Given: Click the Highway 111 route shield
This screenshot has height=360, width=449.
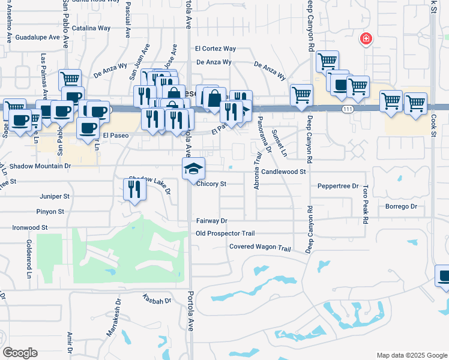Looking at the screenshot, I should [348, 109].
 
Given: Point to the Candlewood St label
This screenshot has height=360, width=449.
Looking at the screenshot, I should [284, 172].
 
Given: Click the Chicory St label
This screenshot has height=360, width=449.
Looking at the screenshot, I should [211, 184].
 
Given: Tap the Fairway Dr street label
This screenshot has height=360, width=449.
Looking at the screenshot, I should [211, 221].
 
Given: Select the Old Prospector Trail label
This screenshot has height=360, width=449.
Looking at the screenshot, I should [225, 233].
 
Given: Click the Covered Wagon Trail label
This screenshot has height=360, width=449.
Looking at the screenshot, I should [260, 247].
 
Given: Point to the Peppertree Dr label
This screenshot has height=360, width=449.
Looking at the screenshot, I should [338, 187].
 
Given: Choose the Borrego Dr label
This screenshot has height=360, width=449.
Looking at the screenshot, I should [401, 206].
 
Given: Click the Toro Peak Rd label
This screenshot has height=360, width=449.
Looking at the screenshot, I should [364, 205].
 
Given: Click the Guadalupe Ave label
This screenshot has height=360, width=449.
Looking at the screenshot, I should [38, 37].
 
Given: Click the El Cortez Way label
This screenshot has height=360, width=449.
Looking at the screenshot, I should [215, 49].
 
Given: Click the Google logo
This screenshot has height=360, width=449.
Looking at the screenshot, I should [20, 353].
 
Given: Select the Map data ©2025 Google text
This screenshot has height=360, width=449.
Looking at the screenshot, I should [411, 355].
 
